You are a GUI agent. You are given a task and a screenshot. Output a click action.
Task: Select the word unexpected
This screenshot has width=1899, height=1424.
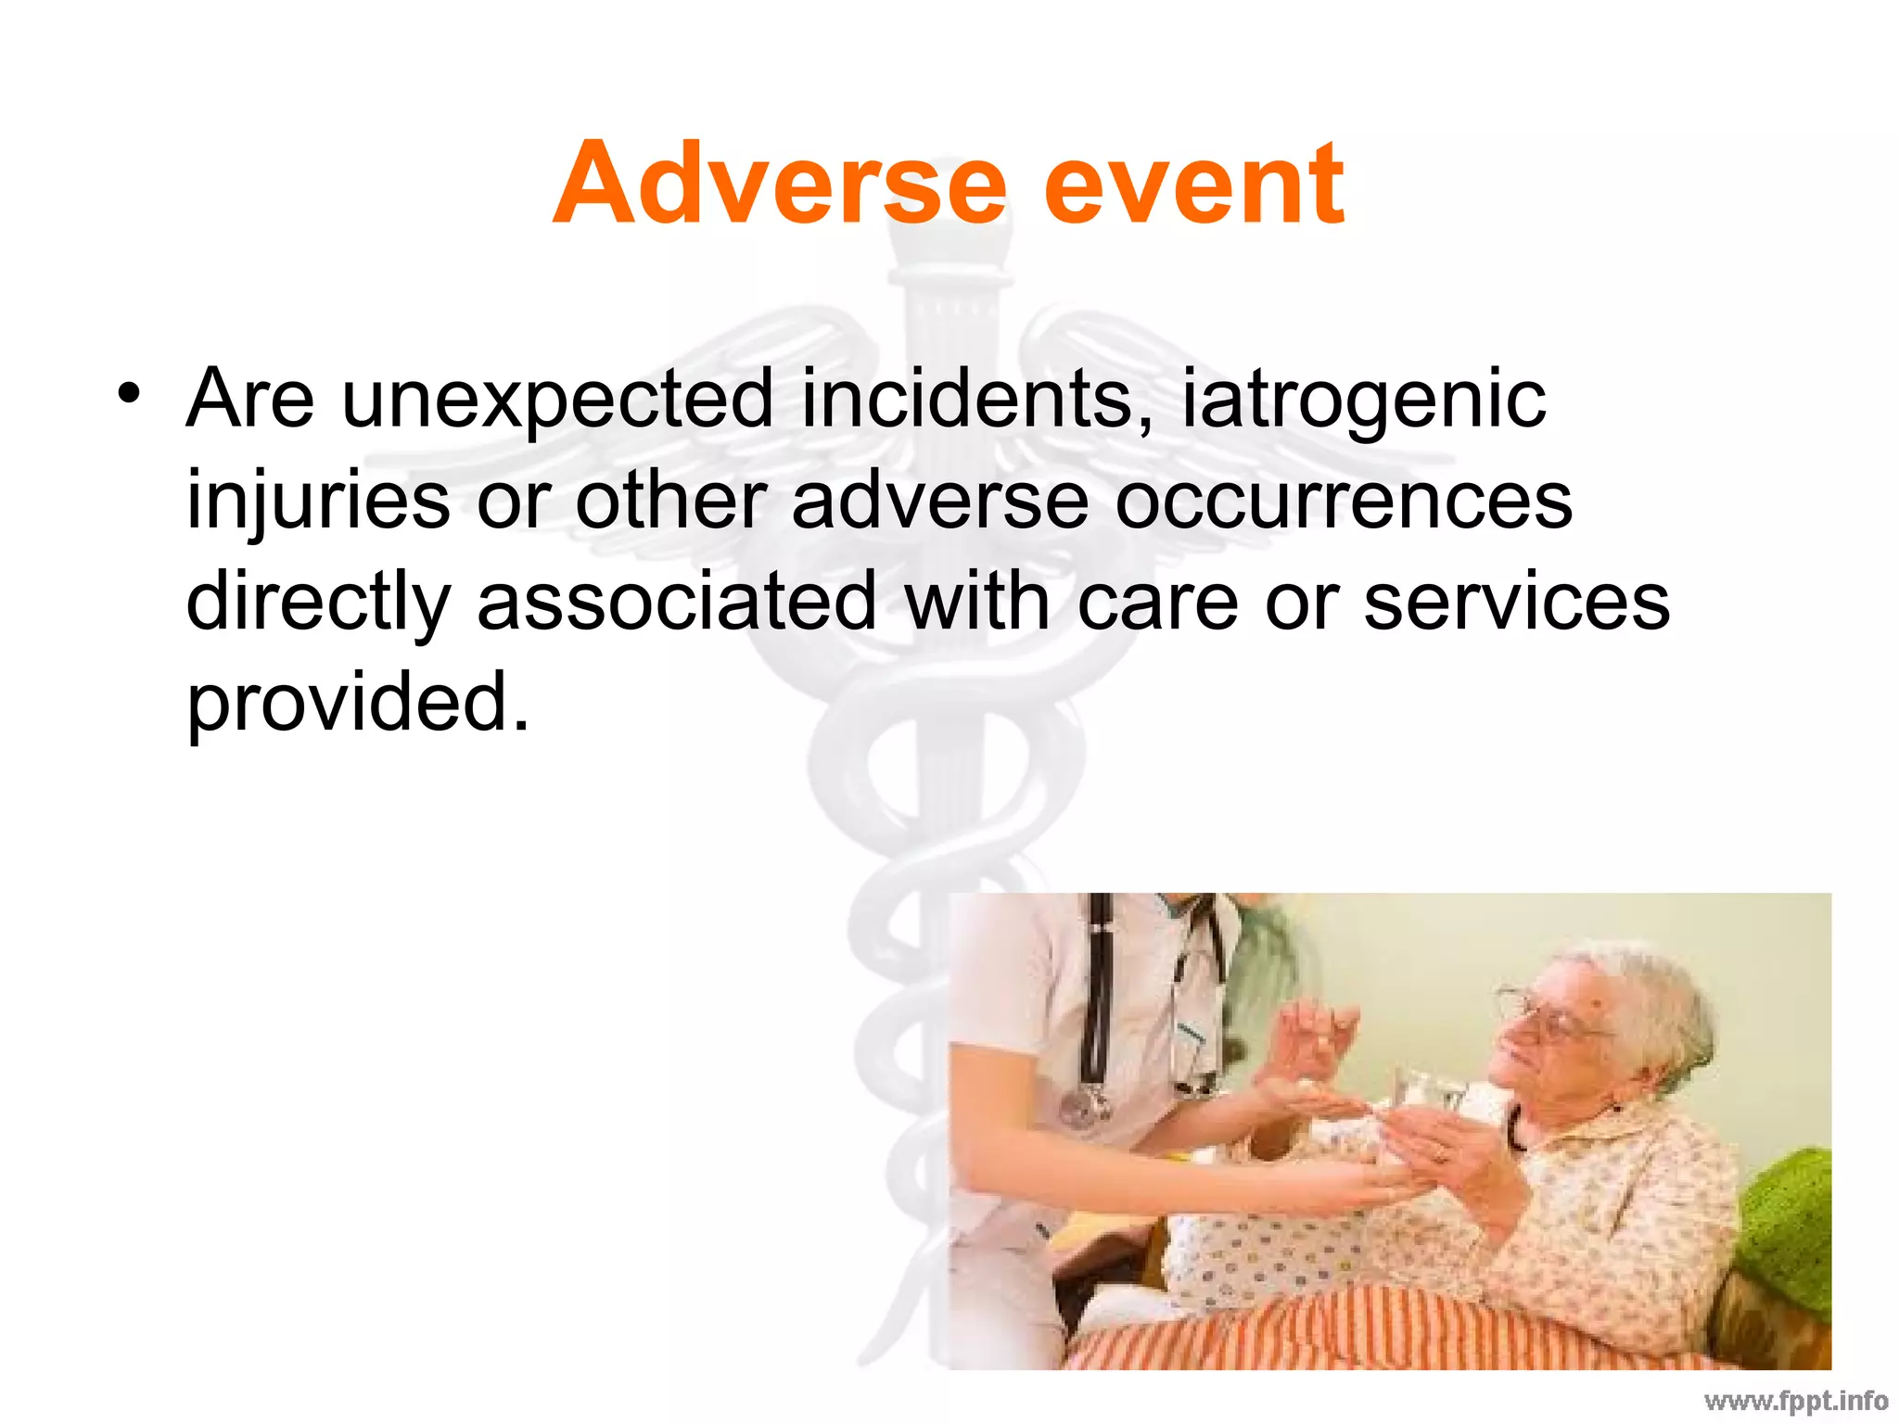click(x=556, y=400)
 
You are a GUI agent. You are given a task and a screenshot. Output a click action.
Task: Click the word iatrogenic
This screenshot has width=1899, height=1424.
click(x=1363, y=400)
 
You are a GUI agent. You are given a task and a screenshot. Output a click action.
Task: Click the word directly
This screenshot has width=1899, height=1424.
click(x=318, y=604)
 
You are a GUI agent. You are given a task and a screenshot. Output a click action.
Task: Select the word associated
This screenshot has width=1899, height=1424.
click(x=676, y=602)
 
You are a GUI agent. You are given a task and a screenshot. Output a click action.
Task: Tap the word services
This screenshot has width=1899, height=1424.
click(x=1516, y=602)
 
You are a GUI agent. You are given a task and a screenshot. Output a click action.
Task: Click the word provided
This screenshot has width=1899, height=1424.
click(x=357, y=704)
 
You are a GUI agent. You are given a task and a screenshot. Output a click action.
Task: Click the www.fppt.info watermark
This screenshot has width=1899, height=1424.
click(x=1795, y=1401)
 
